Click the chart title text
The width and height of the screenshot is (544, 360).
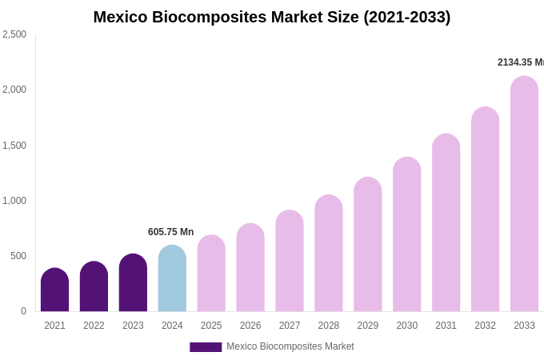coord(272,17)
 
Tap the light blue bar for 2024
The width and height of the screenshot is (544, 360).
coord(172,279)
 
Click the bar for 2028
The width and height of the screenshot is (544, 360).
coord(329,254)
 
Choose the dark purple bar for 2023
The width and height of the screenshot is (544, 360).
coord(133,283)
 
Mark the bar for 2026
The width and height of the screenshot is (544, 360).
coord(250,268)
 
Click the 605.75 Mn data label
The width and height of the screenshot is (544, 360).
coord(170,232)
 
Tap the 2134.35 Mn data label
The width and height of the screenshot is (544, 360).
coord(520,62)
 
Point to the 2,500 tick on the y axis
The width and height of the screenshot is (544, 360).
coord(14,34)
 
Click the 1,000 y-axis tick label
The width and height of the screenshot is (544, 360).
coord(14,201)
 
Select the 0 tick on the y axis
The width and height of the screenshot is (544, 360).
coord(23,311)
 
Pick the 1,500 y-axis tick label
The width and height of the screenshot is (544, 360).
coord(14,146)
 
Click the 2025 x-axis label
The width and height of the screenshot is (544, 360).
coord(211,326)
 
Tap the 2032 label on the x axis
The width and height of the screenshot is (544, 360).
coord(485,326)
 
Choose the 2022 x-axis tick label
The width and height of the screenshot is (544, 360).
coord(94,326)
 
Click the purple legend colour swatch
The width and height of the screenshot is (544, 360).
coord(206,347)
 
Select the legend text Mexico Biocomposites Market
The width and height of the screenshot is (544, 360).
coord(290,346)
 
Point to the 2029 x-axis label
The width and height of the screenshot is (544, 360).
coord(368,326)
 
